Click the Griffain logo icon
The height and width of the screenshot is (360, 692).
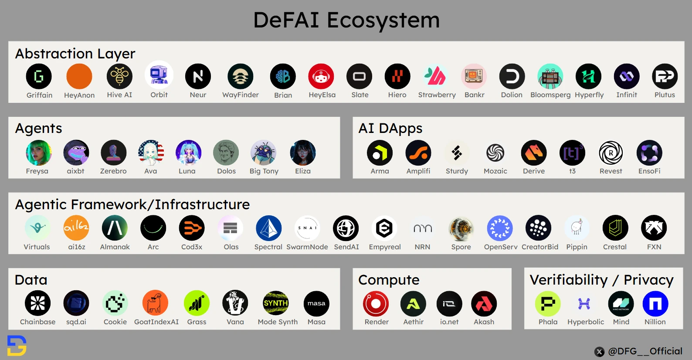click(x=39, y=76)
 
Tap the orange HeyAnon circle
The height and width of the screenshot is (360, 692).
click(x=79, y=76)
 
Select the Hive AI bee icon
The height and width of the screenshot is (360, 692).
click(x=119, y=76)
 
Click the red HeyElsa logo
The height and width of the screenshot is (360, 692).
click(x=321, y=76)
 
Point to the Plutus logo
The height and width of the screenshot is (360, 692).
click(x=665, y=76)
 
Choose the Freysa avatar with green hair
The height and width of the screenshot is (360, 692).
click(x=38, y=153)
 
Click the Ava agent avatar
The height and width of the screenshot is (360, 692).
click(x=151, y=153)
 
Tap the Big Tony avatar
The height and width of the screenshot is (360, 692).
click(x=263, y=153)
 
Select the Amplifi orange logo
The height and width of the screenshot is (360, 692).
click(x=418, y=153)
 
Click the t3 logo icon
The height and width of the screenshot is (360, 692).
click(x=572, y=153)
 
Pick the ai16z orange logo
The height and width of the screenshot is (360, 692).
click(x=76, y=228)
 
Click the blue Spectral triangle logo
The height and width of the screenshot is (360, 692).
click(x=268, y=228)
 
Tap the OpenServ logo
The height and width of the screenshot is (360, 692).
click(x=500, y=228)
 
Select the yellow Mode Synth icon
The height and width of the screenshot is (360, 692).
click(x=276, y=303)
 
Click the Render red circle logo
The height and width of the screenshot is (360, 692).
click(x=376, y=303)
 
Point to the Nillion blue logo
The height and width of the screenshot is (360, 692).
click(x=655, y=303)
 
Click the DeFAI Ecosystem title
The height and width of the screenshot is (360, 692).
click(x=346, y=20)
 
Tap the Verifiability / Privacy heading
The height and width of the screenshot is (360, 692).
click(x=601, y=280)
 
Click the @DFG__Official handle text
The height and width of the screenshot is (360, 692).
click(x=645, y=351)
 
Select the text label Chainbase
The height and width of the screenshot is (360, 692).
click(x=38, y=322)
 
